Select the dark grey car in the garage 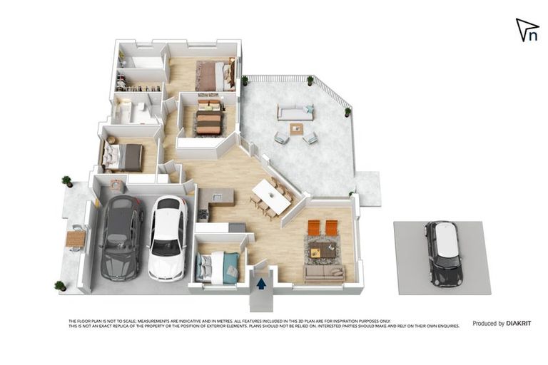(x=121, y=237)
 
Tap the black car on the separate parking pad (x=443, y=253)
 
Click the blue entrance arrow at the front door (x=262, y=283)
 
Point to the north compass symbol (x=527, y=31)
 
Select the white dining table (x=272, y=196)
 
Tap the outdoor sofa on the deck (x=295, y=112)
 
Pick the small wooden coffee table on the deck (x=296, y=129)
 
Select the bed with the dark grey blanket (x=123, y=157)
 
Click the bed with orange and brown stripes (x=208, y=118)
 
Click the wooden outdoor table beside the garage (x=75, y=240)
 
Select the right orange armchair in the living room (x=331, y=227)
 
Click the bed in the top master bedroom (x=214, y=76)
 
